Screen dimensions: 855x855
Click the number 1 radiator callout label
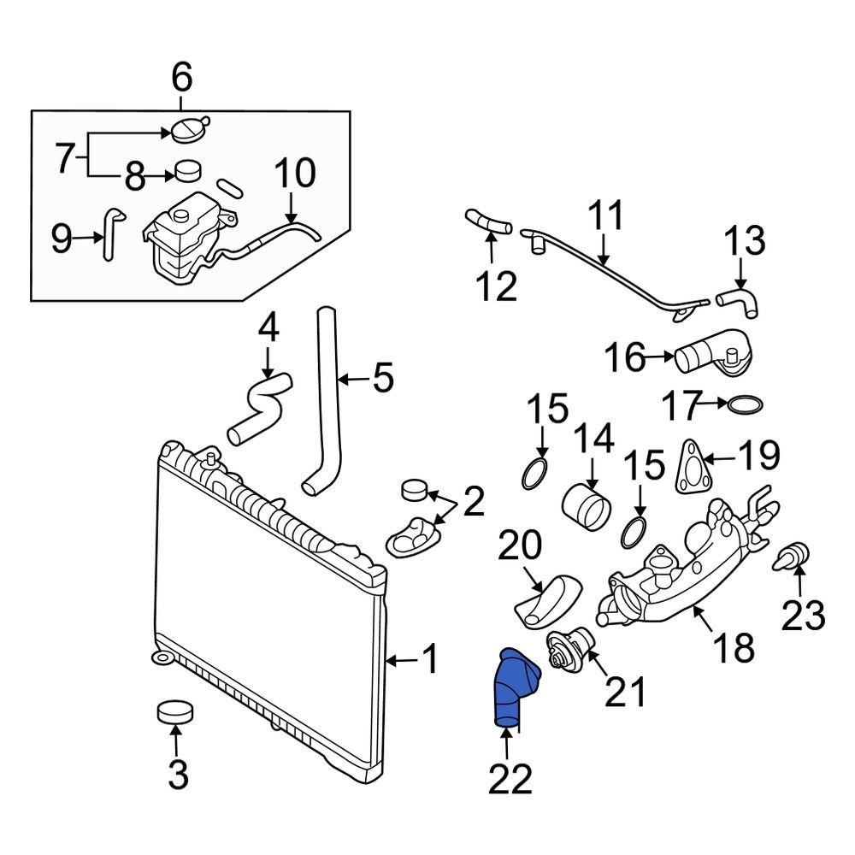[431, 659]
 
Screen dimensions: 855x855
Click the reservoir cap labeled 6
[189, 129]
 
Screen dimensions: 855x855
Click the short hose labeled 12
[488, 221]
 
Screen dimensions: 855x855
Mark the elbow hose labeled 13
[739, 300]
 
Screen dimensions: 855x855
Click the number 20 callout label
[520, 545]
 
